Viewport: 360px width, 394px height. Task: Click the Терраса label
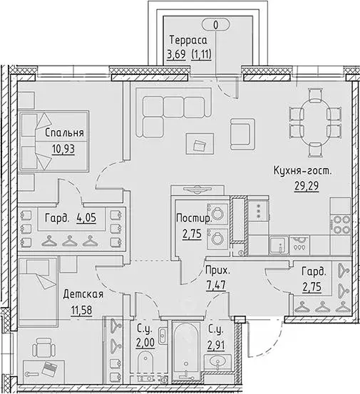(188, 40)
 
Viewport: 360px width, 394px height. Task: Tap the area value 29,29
(307, 186)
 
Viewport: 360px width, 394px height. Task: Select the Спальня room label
(64, 133)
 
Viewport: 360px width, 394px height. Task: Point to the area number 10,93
(63, 149)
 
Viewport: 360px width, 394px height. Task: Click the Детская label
(83, 294)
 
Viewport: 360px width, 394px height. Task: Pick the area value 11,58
(82, 310)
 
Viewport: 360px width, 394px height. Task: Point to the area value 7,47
(216, 285)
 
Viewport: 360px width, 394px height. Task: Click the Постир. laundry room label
(194, 218)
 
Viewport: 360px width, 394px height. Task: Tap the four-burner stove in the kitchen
(340, 225)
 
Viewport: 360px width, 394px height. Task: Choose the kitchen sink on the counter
(278, 245)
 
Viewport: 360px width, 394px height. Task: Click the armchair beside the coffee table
(242, 134)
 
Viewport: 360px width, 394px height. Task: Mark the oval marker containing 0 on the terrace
(216, 25)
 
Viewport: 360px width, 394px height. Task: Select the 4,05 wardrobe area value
(86, 217)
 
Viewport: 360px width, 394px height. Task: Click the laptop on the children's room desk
(49, 369)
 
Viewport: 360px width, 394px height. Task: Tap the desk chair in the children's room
(43, 348)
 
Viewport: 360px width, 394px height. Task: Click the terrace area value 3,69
(177, 54)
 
